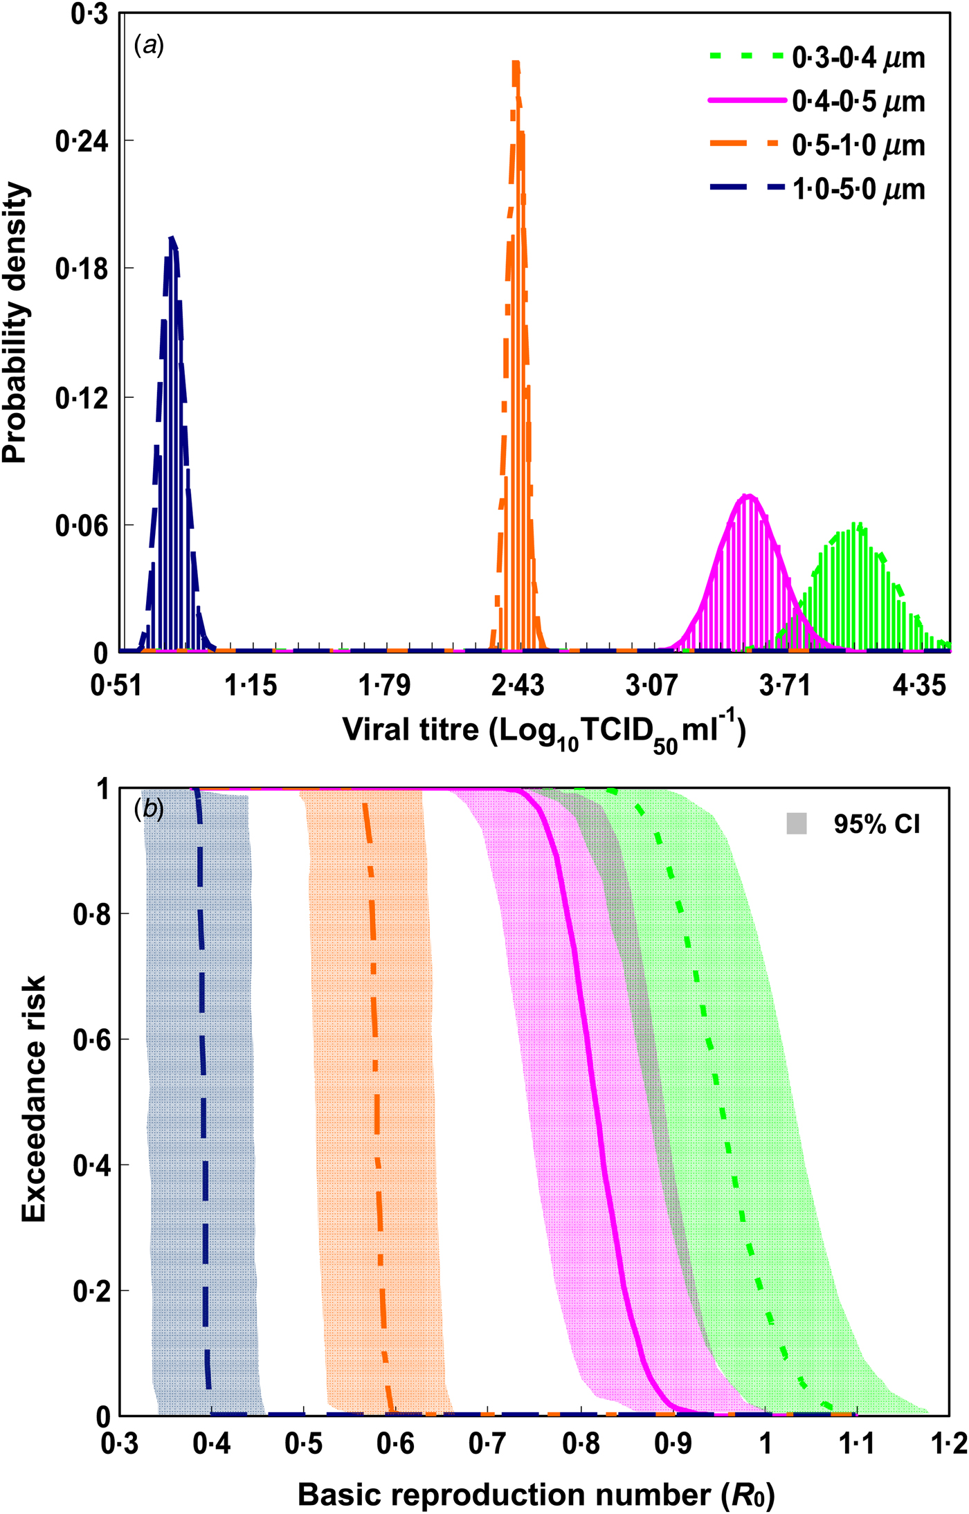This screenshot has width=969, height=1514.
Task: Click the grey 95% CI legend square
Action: coord(797,824)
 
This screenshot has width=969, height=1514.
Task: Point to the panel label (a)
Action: coord(149,46)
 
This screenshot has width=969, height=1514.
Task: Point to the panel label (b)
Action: coord(149,809)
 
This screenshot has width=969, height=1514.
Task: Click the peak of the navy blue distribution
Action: coord(172,239)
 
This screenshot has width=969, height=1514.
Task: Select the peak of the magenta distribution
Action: coord(748,495)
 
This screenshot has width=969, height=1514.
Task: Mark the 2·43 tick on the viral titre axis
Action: coord(518,686)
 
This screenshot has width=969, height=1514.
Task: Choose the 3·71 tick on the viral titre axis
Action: coord(785,686)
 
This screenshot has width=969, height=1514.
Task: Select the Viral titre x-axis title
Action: coord(544,732)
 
